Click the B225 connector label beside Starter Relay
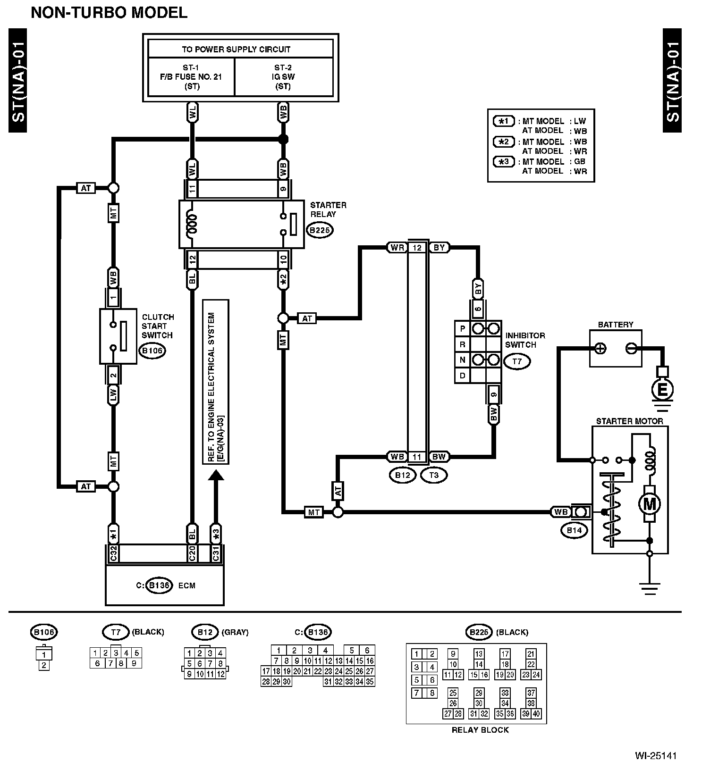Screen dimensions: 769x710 [x=320, y=230]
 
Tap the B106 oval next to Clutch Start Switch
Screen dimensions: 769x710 [x=152, y=351]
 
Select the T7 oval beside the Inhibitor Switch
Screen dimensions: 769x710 [x=517, y=362]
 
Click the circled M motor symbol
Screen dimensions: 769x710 [x=650, y=504]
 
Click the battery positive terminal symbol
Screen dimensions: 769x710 [x=600, y=349]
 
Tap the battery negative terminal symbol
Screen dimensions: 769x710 [x=631, y=349]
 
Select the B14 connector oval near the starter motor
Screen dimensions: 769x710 [x=574, y=530]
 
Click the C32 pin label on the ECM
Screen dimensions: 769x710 [x=113, y=553]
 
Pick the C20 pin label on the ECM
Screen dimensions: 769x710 [x=192, y=553]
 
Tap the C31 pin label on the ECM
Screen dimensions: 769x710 [x=216, y=553]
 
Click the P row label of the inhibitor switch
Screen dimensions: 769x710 [x=463, y=328]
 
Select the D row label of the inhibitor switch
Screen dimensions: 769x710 [x=463, y=376]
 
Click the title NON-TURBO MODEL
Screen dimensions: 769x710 [x=109, y=13]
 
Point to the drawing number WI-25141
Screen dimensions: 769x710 [x=655, y=756]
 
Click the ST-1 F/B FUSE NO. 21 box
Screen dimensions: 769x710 [x=191, y=77]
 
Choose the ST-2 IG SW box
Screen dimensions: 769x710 [x=283, y=77]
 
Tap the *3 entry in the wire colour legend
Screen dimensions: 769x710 [x=504, y=161]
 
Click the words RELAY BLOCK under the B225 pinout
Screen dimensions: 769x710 [x=480, y=730]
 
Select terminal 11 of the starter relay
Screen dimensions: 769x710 [x=192, y=189]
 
